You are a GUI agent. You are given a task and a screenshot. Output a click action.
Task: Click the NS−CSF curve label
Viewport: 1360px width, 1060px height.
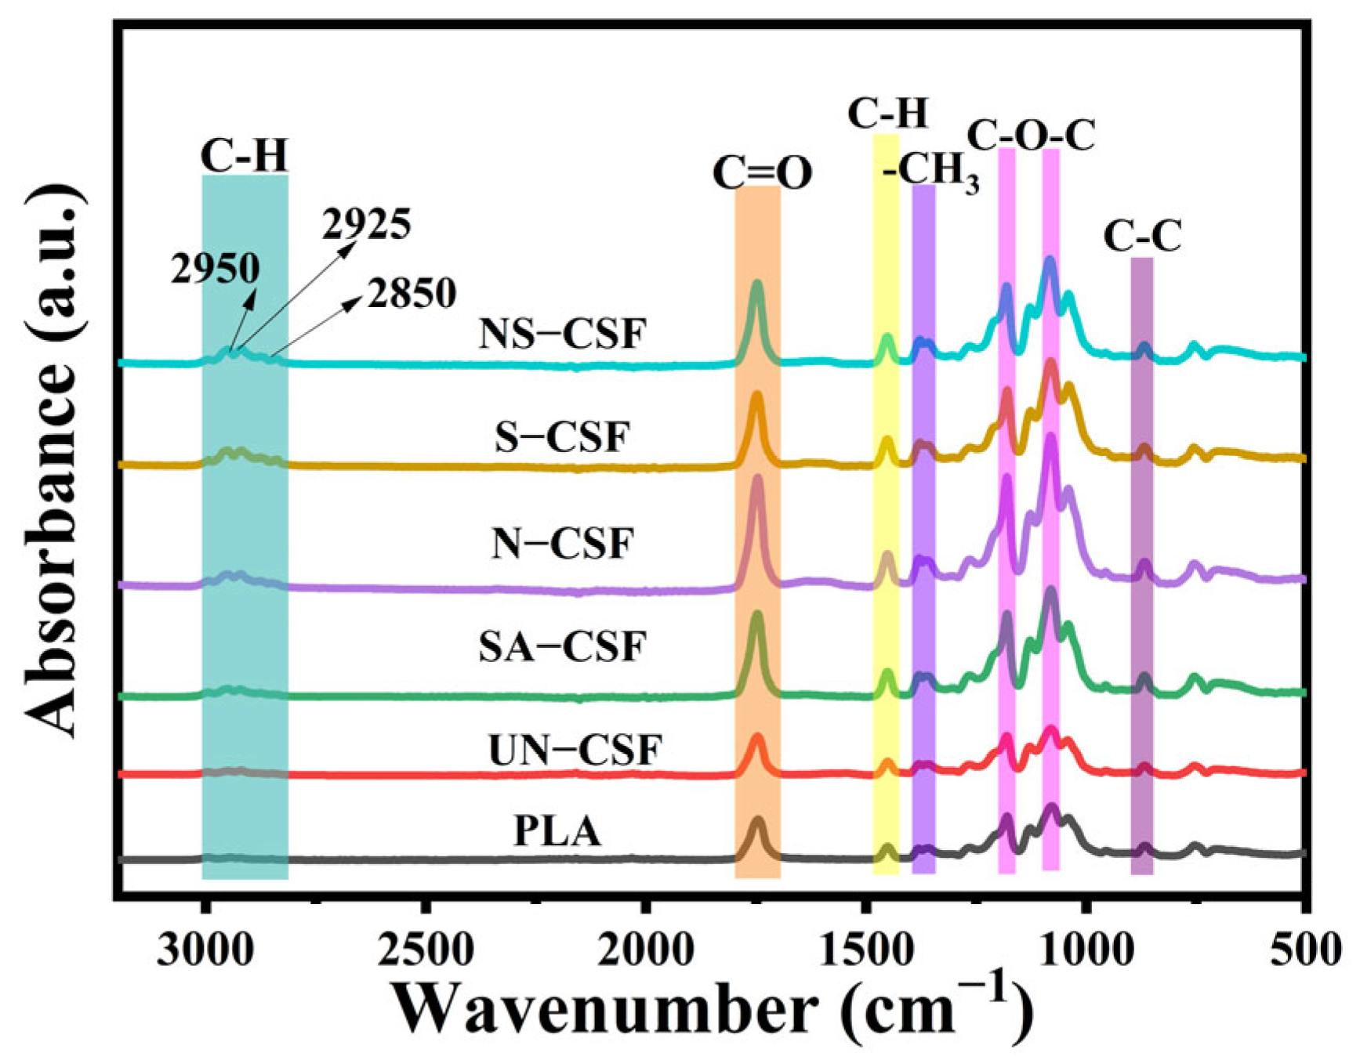pyautogui.click(x=563, y=335)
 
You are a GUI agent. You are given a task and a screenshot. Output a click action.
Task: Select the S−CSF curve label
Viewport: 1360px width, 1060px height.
pyautogui.click(x=563, y=437)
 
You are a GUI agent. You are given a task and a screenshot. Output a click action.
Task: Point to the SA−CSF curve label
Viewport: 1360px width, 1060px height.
pyautogui.click(x=563, y=647)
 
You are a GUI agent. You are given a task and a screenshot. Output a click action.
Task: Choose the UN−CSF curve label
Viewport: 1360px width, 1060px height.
pyautogui.click(x=575, y=750)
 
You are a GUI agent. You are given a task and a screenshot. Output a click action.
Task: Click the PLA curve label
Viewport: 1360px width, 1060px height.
pyautogui.click(x=557, y=831)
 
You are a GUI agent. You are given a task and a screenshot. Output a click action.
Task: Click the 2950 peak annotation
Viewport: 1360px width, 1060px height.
pyautogui.click(x=216, y=270)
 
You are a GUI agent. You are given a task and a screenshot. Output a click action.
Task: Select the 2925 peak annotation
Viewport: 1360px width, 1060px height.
pyautogui.click(x=366, y=226)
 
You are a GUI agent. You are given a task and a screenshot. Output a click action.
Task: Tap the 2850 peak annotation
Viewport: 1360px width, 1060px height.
pyautogui.click(x=412, y=294)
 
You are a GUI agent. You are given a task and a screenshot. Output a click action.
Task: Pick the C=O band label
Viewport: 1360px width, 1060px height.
pyautogui.click(x=762, y=174)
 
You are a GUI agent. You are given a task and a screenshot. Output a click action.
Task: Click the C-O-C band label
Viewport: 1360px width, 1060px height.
pyautogui.click(x=1030, y=136)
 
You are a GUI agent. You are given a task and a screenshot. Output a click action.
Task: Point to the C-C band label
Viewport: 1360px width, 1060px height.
pyautogui.click(x=1142, y=236)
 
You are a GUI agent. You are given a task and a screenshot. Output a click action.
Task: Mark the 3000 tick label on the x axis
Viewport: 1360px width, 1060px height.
pyautogui.click(x=205, y=951)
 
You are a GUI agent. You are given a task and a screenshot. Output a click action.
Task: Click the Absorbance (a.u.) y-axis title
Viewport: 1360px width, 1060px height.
pyautogui.click(x=55, y=462)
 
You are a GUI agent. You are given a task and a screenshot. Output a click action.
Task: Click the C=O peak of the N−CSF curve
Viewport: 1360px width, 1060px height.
pyautogui.click(x=757, y=479)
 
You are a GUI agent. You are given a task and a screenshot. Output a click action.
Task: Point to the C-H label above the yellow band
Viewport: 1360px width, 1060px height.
pyautogui.click(x=888, y=114)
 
